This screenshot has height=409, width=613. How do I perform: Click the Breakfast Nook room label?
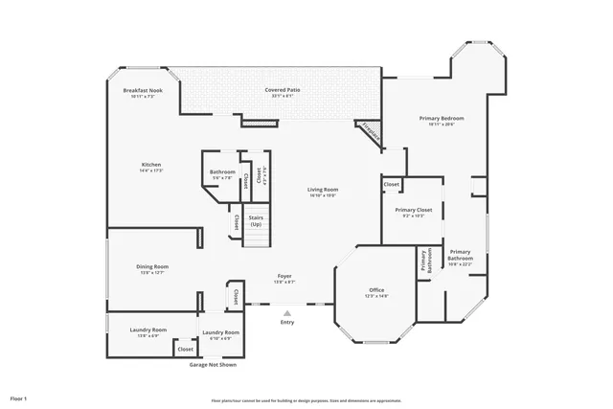tap(143, 90)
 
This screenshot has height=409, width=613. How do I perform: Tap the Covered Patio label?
tap(284, 90)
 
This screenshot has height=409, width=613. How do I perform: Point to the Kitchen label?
tap(151, 165)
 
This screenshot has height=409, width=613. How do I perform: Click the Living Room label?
tap(323, 190)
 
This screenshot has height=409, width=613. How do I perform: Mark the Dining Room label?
tap(152, 267)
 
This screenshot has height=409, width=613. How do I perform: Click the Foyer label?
tap(284, 278)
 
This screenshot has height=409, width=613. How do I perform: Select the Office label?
tap(376, 290)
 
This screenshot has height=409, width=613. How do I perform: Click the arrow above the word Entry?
tap(284, 312)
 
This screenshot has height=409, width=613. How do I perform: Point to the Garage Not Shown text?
tap(214, 365)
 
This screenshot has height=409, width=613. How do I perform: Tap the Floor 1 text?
tap(19, 398)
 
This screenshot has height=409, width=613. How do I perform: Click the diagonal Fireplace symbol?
tap(370, 134)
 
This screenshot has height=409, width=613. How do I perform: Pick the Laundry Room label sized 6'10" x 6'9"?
tap(220, 331)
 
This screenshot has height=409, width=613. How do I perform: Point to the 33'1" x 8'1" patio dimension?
tap(284, 96)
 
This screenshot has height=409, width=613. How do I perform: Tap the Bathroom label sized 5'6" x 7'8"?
tap(222, 172)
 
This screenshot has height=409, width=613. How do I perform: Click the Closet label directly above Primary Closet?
tap(392, 184)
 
